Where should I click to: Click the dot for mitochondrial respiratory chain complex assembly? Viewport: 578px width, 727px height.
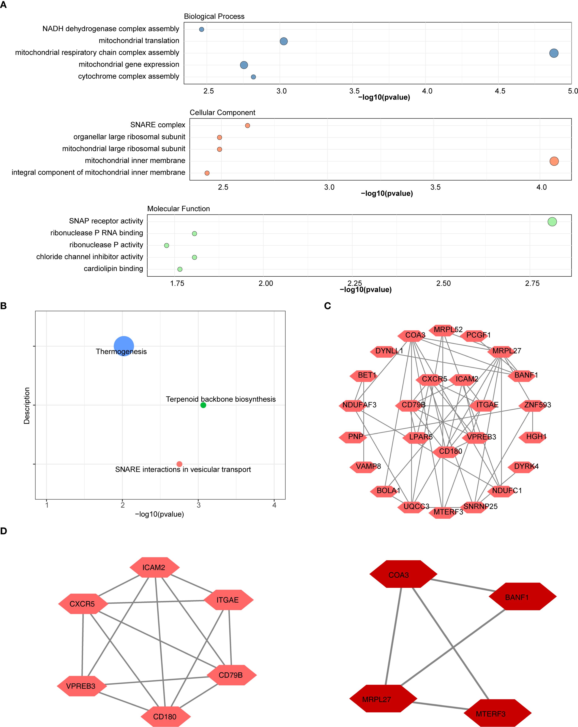(554, 53)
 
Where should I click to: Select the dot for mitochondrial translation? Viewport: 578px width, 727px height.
(284, 41)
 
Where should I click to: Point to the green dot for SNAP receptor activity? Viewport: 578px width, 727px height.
(552, 222)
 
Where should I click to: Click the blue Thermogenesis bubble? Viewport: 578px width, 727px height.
(124, 346)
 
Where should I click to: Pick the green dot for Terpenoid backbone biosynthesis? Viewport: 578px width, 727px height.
(203, 405)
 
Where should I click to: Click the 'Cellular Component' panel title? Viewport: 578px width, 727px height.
(222, 113)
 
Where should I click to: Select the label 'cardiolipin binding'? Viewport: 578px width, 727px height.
(113, 269)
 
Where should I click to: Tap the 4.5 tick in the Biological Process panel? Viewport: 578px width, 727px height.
(500, 91)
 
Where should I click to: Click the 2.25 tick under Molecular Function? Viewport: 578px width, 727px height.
(355, 283)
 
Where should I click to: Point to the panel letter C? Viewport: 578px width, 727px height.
(327, 306)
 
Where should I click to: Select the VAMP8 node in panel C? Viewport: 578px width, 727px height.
(365, 467)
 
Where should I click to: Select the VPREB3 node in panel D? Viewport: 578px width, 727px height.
(81, 686)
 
